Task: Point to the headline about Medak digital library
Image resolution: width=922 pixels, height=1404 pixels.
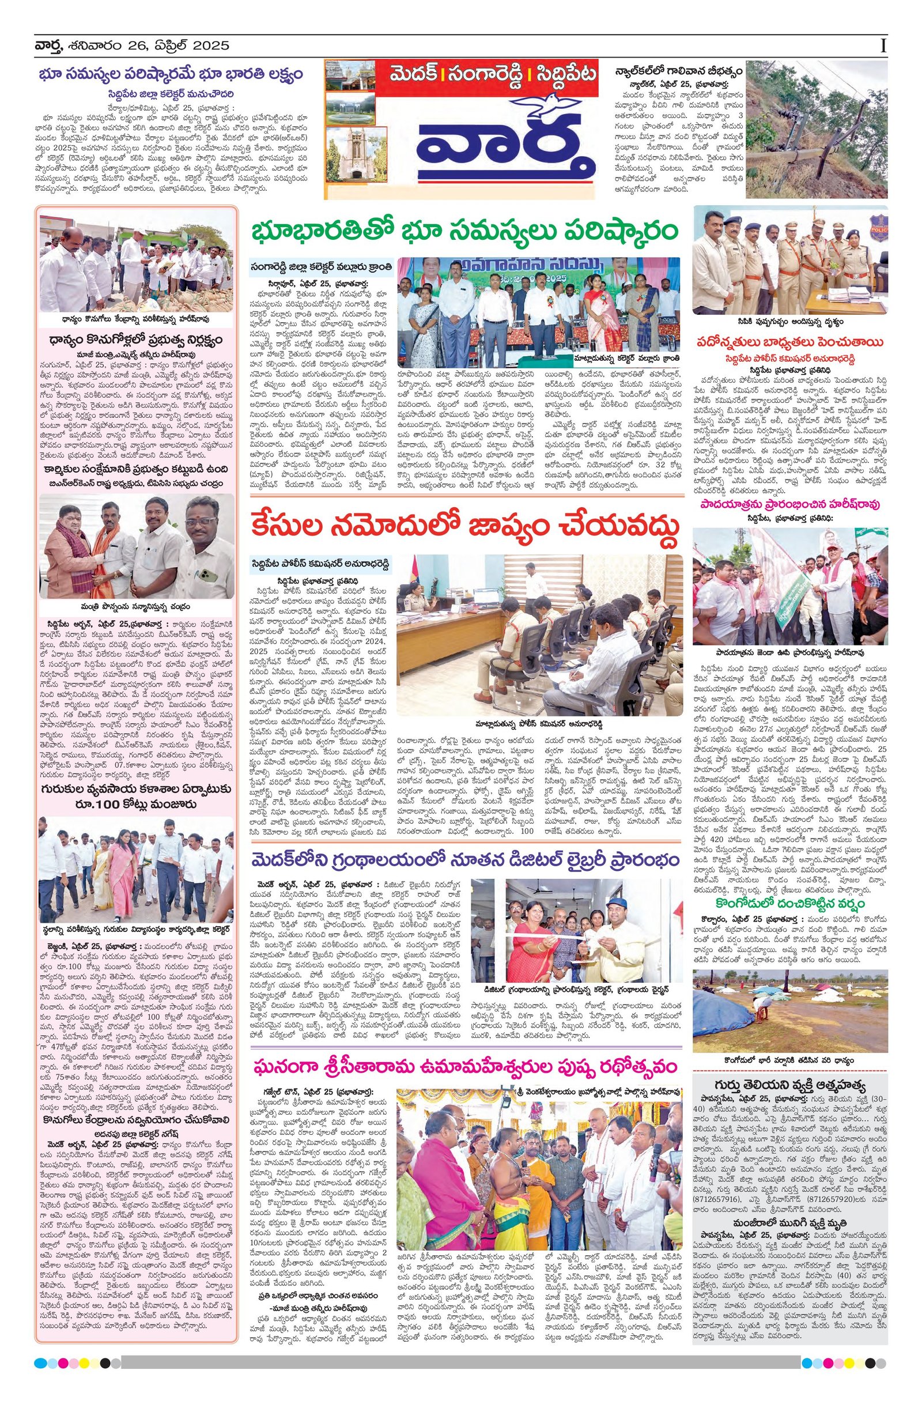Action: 463,859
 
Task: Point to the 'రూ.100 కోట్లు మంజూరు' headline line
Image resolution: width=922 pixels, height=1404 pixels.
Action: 137,805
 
